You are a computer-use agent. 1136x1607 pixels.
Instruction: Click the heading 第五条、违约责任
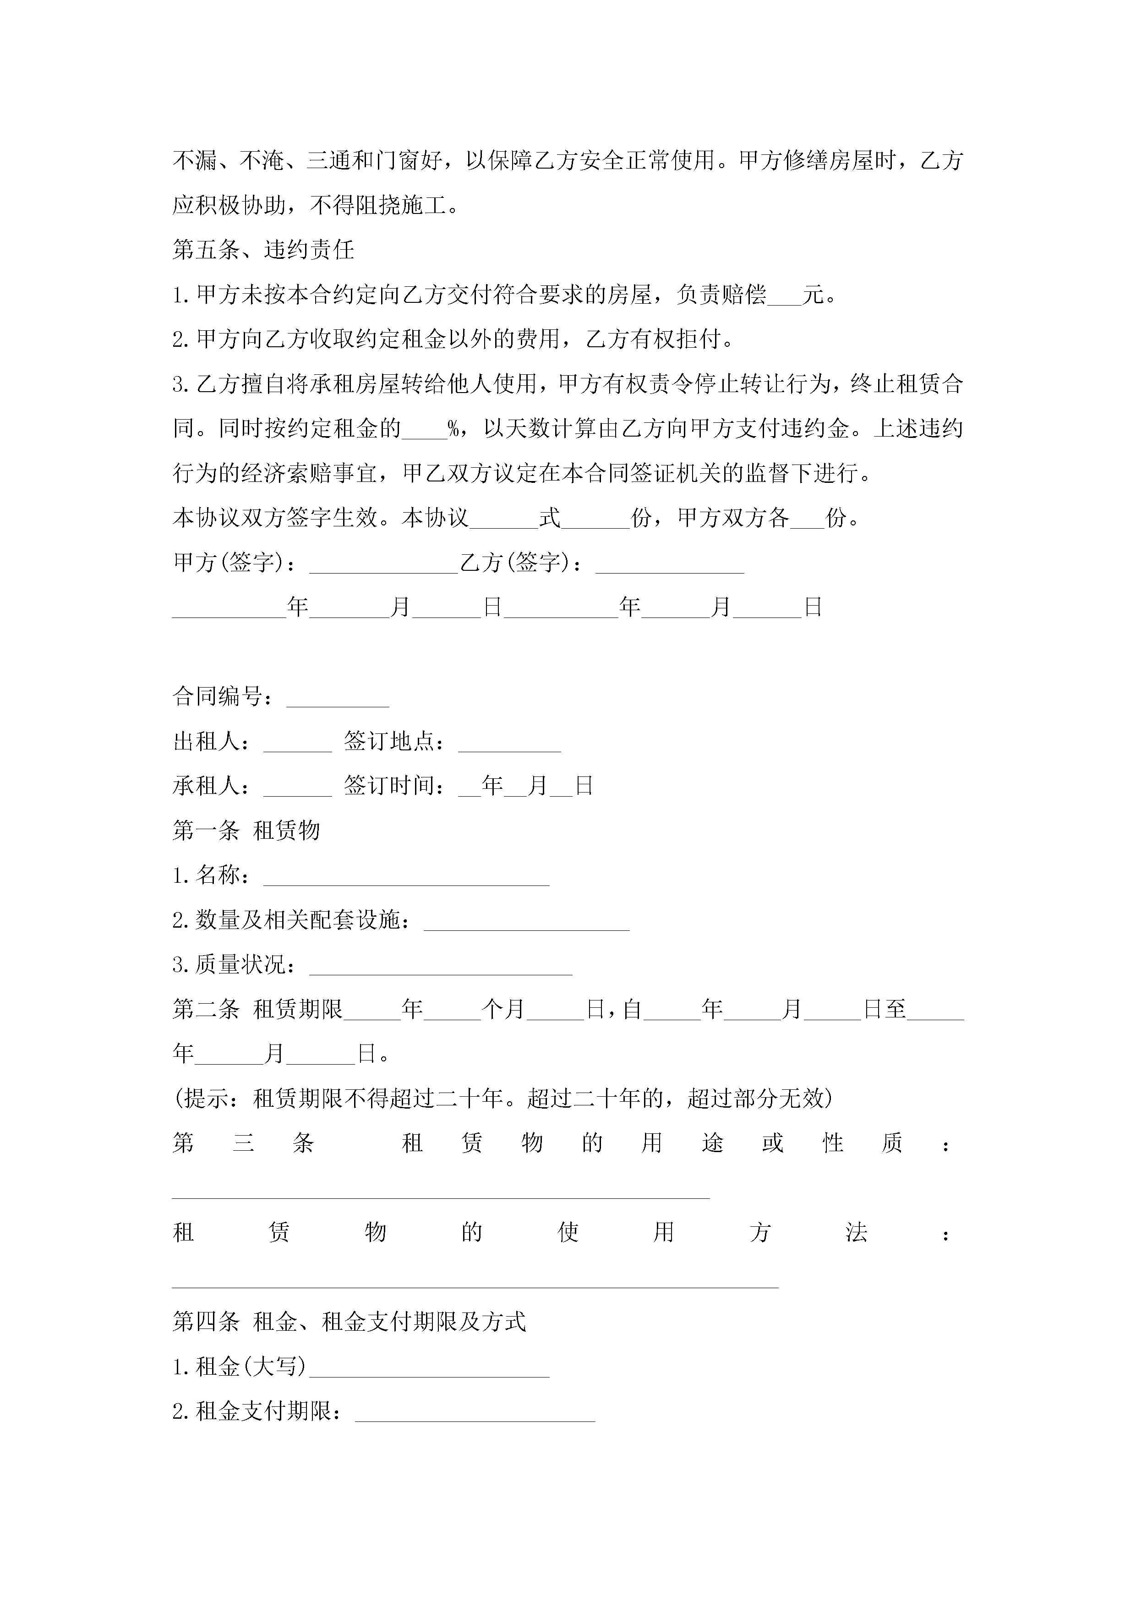tap(263, 250)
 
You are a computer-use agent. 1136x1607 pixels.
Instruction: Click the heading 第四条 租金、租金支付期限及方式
tap(349, 1322)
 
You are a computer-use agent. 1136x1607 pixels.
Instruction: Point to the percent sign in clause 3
tap(453, 429)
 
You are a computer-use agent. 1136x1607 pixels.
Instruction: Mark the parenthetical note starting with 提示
tap(502, 1099)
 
